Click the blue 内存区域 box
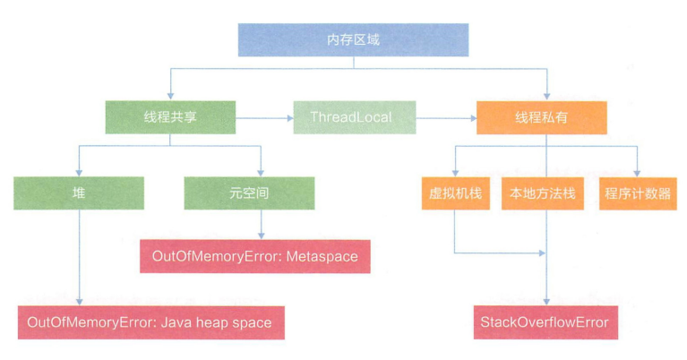point(353,39)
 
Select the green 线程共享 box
point(169,117)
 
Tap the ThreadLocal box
point(355,117)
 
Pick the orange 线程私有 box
point(541,117)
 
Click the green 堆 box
point(79,193)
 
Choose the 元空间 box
point(249,193)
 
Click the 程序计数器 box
point(637,193)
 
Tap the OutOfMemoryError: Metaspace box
point(255,257)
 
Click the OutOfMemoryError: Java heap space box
point(151,322)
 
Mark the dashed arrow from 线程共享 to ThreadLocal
point(264,117)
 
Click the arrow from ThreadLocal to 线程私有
point(445,117)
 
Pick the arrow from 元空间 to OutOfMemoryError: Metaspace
point(261,224)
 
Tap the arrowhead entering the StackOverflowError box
point(546,301)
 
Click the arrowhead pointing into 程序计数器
point(637,171)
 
